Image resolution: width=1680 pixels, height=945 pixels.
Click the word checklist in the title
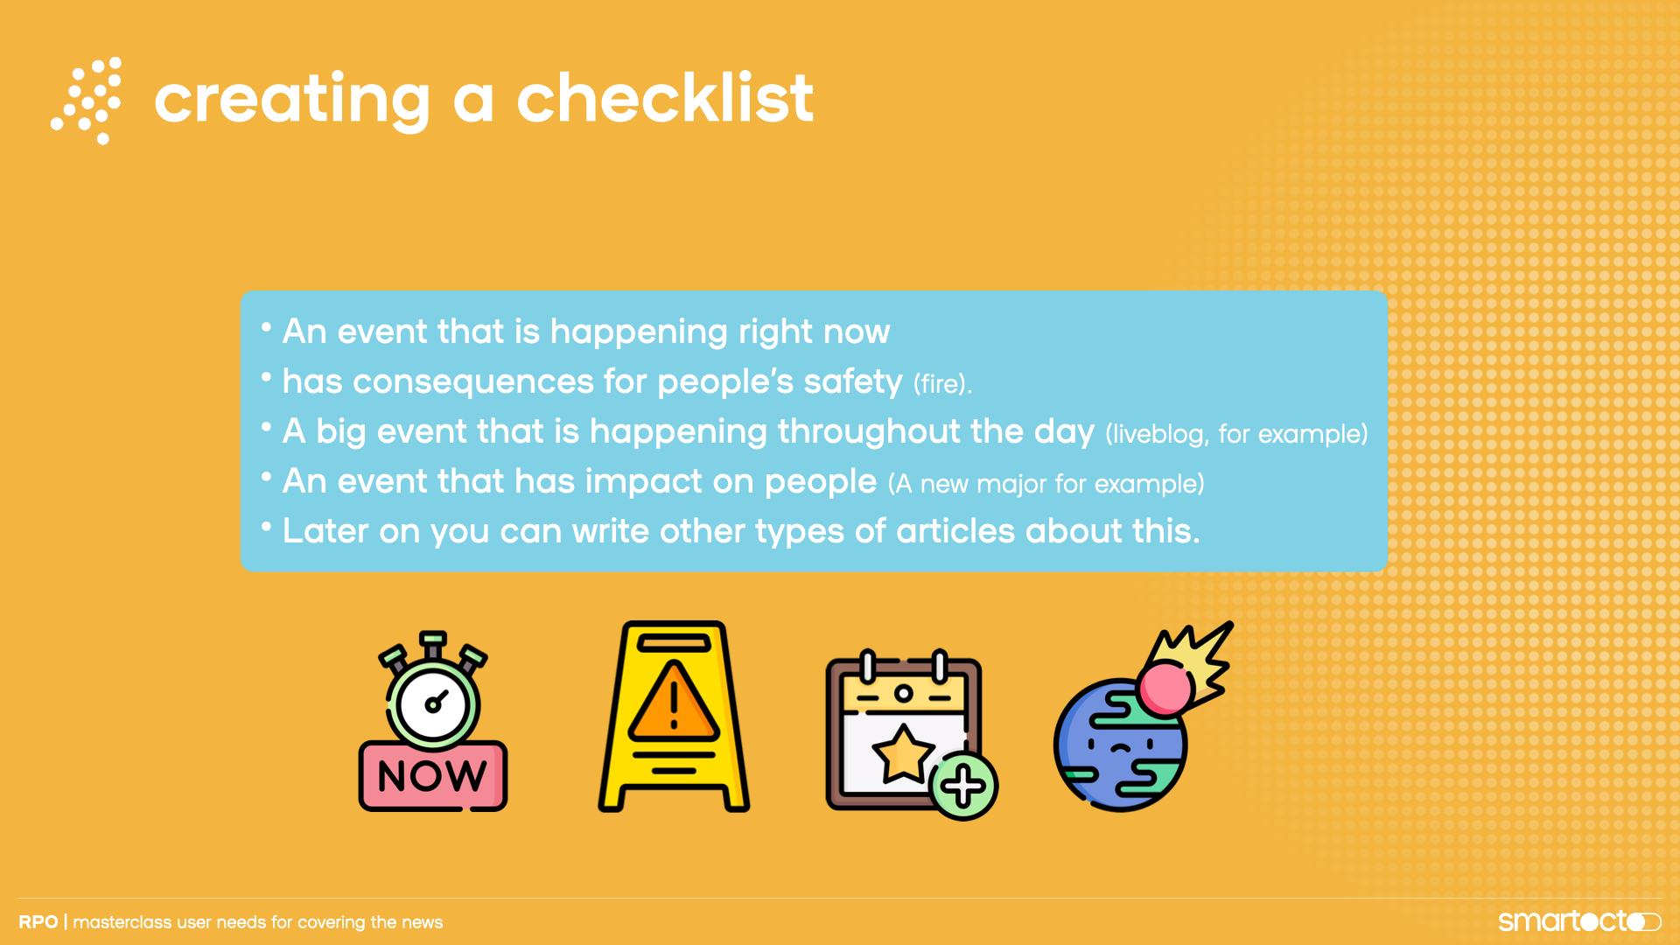pos(665,98)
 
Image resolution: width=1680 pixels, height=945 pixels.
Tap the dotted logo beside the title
pos(87,101)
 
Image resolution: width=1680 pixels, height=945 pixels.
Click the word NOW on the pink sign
pos(432,776)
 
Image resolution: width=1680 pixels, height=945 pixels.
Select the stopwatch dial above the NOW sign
pos(433,703)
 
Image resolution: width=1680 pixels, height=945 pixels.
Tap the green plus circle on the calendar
pos(963,786)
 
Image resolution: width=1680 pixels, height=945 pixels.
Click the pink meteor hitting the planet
pos(1165,689)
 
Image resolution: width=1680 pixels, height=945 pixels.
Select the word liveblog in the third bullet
pos(1157,434)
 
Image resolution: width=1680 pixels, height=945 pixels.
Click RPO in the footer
pos(38,922)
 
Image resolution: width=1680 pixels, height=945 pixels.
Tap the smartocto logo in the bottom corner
pos(1579,920)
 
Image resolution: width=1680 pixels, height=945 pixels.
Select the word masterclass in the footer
pos(122,922)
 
